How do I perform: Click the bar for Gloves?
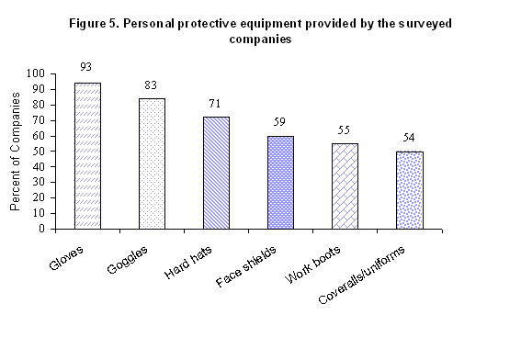[x=87, y=155]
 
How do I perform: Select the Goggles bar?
[x=152, y=163]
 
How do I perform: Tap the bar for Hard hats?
[x=216, y=172]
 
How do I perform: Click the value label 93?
[x=87, y=67]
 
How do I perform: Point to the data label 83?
[x=152, y=84]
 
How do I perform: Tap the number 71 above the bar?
[x=216, y=105]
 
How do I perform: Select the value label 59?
[x=280, y=122]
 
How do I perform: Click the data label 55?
[x=345, y=129]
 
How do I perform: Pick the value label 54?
[x=409, y=138]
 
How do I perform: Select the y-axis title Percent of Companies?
[x=16, y=151]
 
